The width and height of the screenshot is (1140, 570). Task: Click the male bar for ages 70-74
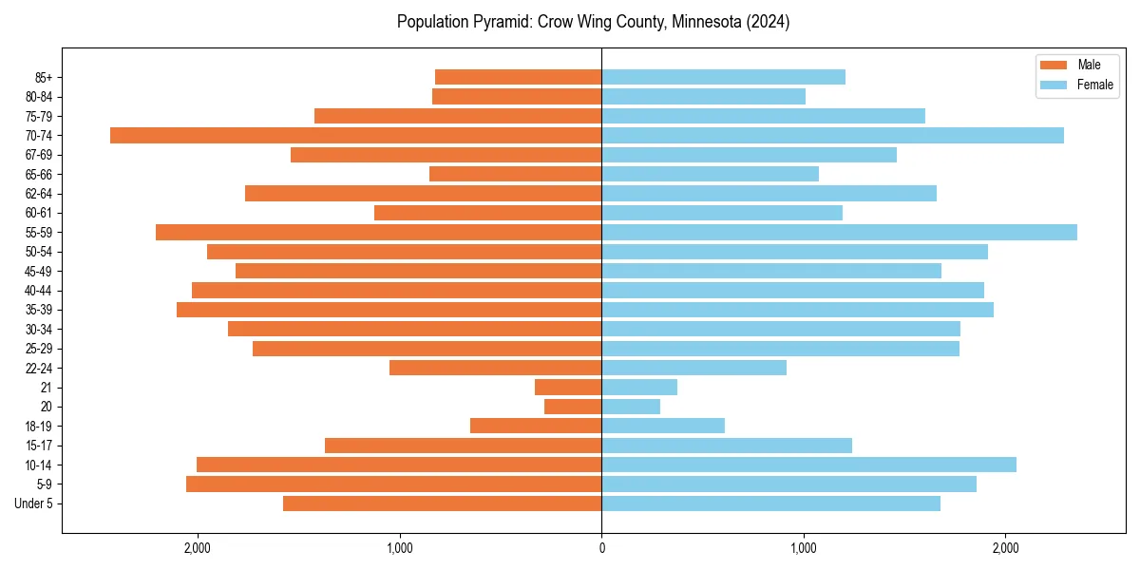pos(356,135)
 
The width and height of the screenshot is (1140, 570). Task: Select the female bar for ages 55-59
pos(839,232)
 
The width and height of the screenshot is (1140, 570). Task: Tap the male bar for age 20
pos(573,407)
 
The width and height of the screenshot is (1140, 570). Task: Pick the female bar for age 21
pos(639,387)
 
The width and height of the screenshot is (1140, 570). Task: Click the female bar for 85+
pos(723,77)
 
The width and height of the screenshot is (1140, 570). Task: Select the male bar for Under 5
pos(443,503)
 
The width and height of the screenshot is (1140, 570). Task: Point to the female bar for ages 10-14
pos(808,465)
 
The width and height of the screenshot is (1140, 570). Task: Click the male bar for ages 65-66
pos(516,174)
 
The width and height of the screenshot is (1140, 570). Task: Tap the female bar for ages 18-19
pos(663,426)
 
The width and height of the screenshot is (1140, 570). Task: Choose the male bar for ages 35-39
pos(389,310)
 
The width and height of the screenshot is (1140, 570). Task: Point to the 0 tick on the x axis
pos(601,548)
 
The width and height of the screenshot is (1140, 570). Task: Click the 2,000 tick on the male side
pos(197,548)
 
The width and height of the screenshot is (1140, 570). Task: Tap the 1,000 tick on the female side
pos(804,548)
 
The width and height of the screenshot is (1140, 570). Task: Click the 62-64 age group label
pos(38,194)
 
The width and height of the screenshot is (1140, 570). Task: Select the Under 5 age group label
pos(33,503)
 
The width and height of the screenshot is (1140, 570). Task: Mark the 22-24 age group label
pos(38,368)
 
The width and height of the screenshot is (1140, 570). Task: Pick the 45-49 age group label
pos(38,271)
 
